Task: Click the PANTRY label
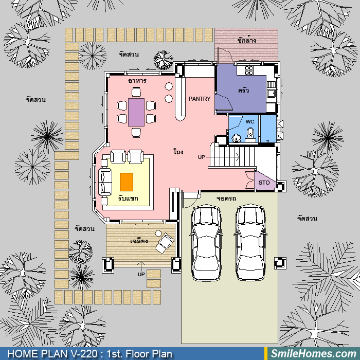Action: [200, 99]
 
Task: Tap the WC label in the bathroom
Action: [250, 121]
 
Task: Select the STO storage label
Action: [264, 183]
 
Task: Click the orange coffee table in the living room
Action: [127, 182]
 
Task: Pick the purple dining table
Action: [136, 112]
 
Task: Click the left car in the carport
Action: [206, 242]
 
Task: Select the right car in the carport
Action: [250, 242]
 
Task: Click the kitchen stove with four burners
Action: [249, 70]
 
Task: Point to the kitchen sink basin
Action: [271, 93]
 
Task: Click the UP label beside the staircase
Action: [202, 157]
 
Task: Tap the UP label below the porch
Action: [141, 274]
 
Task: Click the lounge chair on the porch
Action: [165, 243]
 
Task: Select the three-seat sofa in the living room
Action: [105, 182]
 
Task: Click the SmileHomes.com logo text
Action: [314, 354]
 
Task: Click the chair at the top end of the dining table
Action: [136, 92]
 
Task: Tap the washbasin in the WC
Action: [237, 138]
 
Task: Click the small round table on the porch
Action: [158, 233]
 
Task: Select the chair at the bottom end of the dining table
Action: [136, 133]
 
